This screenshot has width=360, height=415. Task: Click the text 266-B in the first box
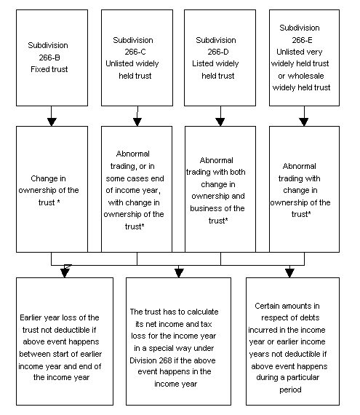(x=49, y=58)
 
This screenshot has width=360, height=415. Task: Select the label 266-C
(x=135, y=52)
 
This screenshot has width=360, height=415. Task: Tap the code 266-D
(x=218, y=52)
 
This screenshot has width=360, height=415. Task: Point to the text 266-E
(x=302, y=40)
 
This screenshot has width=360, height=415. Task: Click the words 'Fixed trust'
(x=49, y=69)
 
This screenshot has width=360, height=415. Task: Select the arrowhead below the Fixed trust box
(x=52, y=122)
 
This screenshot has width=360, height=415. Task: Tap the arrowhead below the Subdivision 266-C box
(x=137, y=122)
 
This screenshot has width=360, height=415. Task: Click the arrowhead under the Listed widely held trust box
(x=220, y=122)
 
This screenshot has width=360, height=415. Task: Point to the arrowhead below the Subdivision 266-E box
(x=304, y=122)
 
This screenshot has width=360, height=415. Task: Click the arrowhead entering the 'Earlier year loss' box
(x=65, y=273)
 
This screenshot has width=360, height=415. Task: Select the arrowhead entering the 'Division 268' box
(x=179, y=273)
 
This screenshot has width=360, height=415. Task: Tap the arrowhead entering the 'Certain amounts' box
(x=289, y=273)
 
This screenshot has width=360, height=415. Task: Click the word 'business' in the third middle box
(x=205, y=208)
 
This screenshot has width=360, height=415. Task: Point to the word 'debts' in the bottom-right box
(x=310, y=317)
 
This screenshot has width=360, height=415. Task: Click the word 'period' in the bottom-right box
(x=290, y=390)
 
